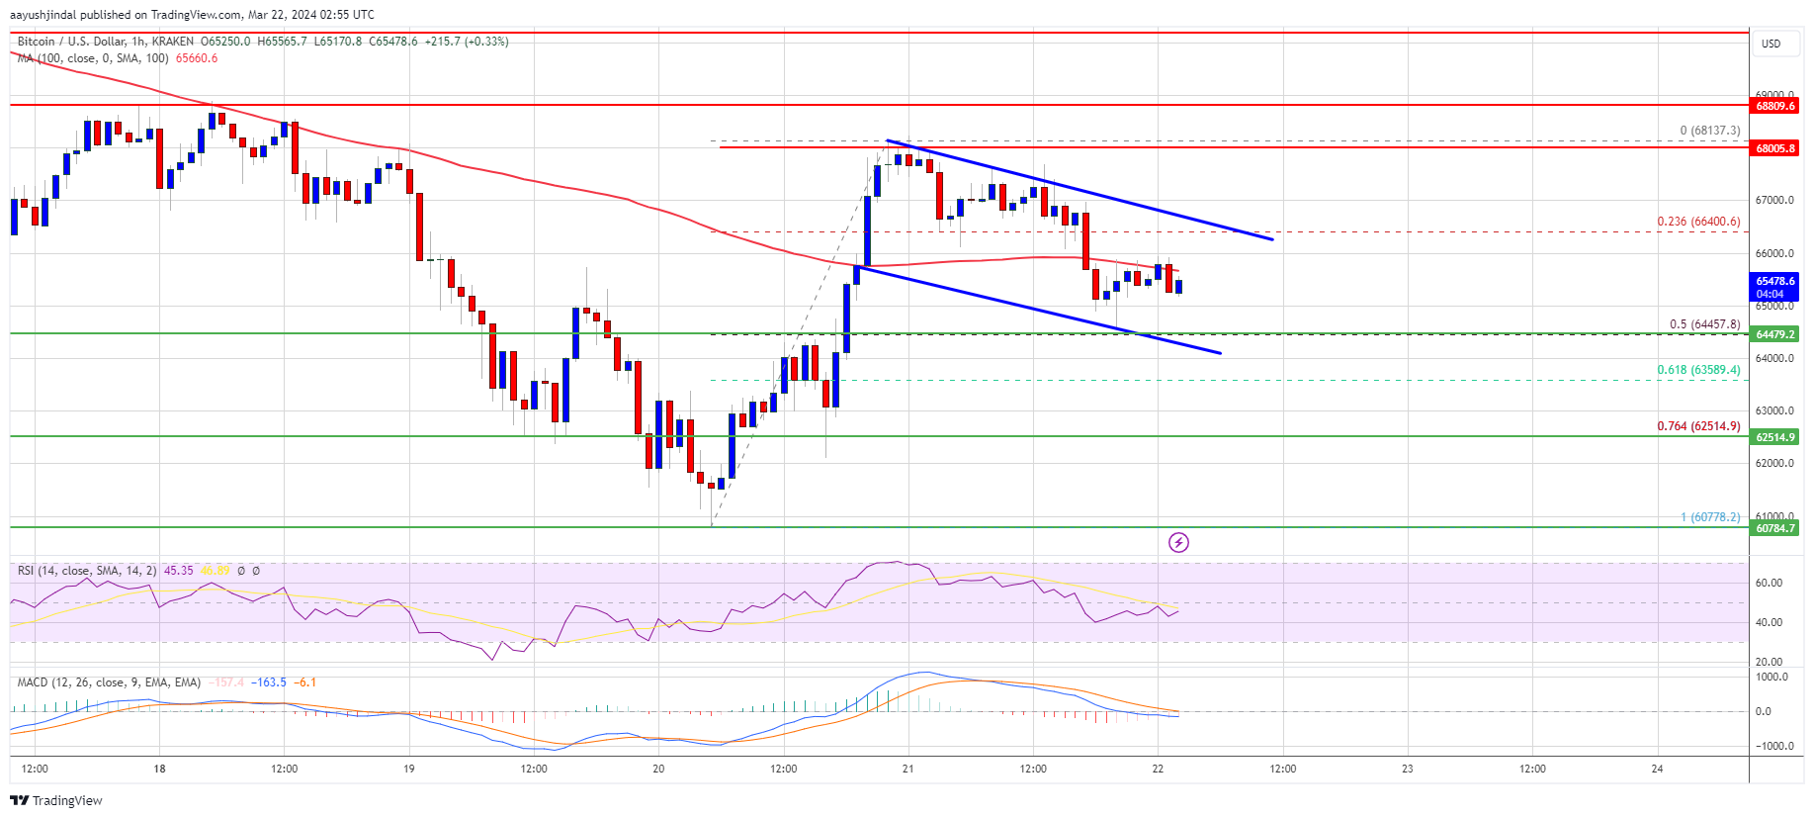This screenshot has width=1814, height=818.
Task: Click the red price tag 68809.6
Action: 1775,106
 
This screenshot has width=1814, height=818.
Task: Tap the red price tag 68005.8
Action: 1775,148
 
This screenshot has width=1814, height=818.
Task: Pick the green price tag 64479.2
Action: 1775,334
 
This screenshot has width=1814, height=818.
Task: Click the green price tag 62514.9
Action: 1775,437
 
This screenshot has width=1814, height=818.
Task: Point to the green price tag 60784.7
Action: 1775,528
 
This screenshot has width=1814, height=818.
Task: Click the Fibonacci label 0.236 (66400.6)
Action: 1698,222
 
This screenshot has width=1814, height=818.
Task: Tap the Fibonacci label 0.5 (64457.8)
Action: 1704,324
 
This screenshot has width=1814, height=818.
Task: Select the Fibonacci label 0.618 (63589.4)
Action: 1698,370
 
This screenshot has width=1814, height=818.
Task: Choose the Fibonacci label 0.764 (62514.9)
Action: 1698,426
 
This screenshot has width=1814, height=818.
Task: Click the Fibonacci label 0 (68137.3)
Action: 1709,131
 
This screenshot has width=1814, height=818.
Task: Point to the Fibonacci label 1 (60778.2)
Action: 1710,517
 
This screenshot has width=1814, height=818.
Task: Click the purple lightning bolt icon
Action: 1178,542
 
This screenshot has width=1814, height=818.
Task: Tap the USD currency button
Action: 1771,44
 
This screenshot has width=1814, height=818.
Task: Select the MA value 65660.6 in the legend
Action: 197,58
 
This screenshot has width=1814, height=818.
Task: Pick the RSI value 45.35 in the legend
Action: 178,571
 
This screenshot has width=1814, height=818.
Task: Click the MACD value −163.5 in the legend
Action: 269,682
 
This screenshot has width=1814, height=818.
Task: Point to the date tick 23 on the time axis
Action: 1408,769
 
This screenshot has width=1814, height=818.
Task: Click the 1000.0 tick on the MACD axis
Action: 1771,678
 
